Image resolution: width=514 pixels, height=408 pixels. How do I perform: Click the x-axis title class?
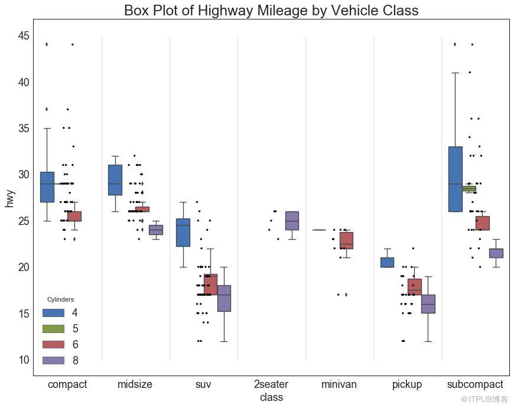pos(271,397)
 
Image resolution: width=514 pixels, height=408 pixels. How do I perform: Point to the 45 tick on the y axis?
pos(23,36)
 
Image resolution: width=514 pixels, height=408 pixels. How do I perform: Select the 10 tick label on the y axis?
pos(23,360)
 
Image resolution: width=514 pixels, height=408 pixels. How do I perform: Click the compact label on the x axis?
pos(67,384)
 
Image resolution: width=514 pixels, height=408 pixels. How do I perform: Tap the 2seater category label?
pos(271,384)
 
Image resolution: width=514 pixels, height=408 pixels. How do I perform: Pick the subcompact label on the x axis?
pos(475,384)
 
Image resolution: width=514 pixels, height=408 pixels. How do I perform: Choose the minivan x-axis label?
pos(339,384)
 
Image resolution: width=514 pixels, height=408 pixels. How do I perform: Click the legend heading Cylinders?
pos(60,300)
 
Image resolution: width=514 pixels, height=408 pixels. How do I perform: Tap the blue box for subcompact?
pos(455,179)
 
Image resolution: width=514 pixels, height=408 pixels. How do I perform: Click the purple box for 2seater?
pos(292,220)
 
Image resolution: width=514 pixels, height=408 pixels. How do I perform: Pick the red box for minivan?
pos(346,240)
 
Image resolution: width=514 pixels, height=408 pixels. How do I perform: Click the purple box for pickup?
pos(428,303)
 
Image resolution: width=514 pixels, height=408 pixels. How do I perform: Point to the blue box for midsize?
pos(115,179)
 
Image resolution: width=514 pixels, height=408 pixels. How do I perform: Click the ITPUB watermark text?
pos(484,400)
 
